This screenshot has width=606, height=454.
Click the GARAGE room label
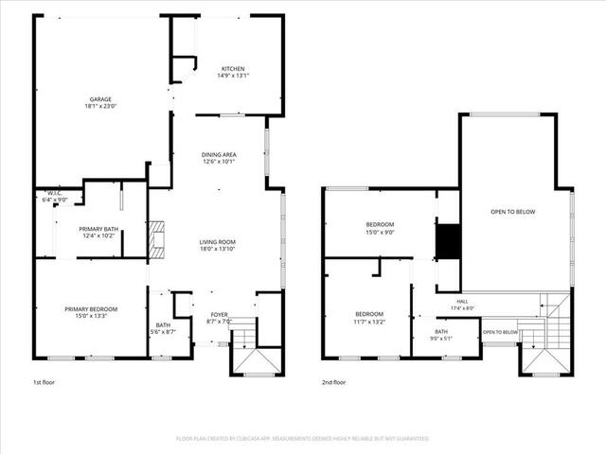(100, 99)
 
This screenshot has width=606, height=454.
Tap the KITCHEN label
(233, 69)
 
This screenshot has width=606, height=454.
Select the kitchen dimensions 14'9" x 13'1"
(233, 76)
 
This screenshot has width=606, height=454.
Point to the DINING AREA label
(219, 155)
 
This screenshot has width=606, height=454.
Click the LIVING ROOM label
(218, 242)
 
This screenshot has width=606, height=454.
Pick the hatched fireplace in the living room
(156, 239)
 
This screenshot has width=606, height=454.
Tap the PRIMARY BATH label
(98, 229)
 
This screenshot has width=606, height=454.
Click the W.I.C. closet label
(55, 193)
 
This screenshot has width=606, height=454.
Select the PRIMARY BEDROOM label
(91, 309)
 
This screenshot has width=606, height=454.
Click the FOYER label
(219, 315)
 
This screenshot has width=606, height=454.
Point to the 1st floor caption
(44, 382)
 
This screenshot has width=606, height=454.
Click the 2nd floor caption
(334, 382)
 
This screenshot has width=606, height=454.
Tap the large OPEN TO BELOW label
(513, 212)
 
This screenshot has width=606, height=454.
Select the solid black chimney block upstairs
(448, 241)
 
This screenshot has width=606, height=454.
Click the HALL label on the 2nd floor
(462, 302)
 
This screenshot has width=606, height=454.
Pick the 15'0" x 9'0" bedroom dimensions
(380, 233)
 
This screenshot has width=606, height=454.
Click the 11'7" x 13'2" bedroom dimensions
(369, 322)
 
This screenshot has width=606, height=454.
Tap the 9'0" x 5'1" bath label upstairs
(441, 339)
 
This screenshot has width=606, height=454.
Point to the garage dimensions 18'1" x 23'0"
(100, 106)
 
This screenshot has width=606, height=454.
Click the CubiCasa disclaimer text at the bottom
(303, 439)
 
